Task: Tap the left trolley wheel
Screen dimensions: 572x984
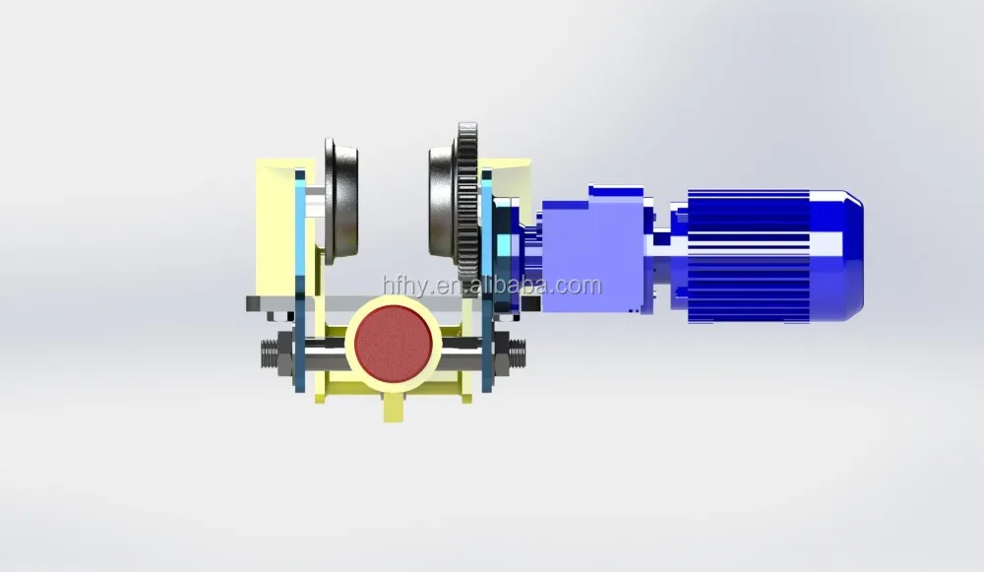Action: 341,203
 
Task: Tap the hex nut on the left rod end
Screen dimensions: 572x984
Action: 284,351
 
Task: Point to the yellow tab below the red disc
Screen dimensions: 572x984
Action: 392,404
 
